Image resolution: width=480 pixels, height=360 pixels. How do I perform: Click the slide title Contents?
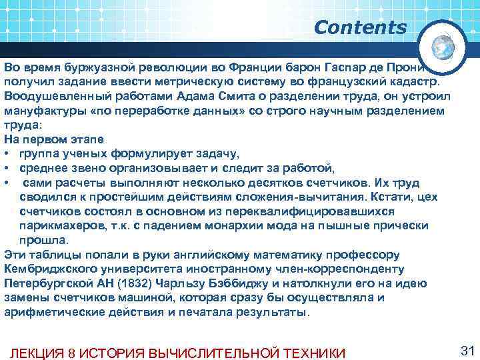pos(359,28)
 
